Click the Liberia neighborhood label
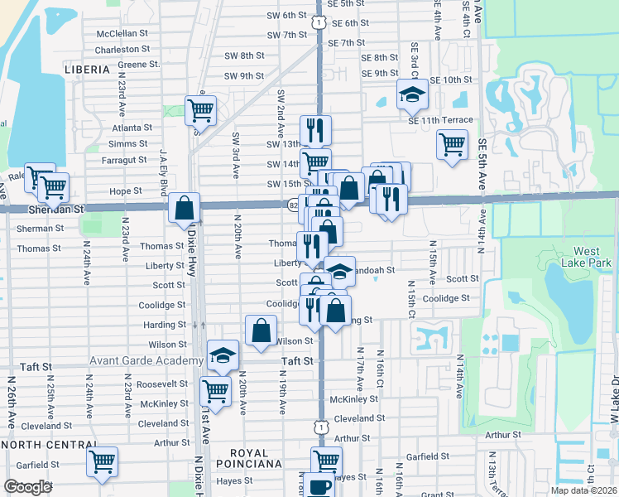(87, 70)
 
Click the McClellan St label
(122, 34)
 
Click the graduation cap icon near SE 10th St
(411, 95)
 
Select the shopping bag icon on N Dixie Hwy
(184, 207)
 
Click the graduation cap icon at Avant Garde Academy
(222, 355)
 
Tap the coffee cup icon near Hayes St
(319, 485)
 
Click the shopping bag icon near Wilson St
(261, 330)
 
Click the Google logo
(28, 487)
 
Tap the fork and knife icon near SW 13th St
(315, 129)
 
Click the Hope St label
(126, 191)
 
